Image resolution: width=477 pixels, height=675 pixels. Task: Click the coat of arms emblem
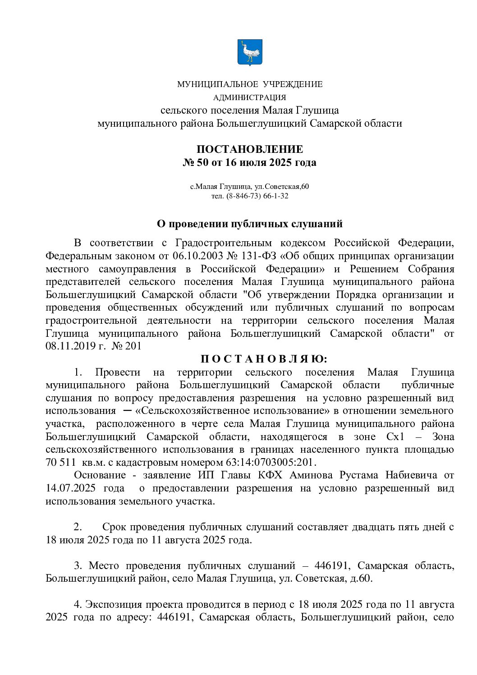pos(249,52)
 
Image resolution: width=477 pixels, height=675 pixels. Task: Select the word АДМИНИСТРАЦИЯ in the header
pos(249,97)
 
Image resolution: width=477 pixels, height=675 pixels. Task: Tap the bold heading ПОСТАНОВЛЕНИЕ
pos(249,149)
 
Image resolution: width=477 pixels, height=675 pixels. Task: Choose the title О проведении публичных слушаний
pos(249,224)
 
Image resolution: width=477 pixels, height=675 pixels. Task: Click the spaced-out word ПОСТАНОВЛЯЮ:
pos(265,359)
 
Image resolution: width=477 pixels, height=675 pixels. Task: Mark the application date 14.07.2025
pos(72,488)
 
